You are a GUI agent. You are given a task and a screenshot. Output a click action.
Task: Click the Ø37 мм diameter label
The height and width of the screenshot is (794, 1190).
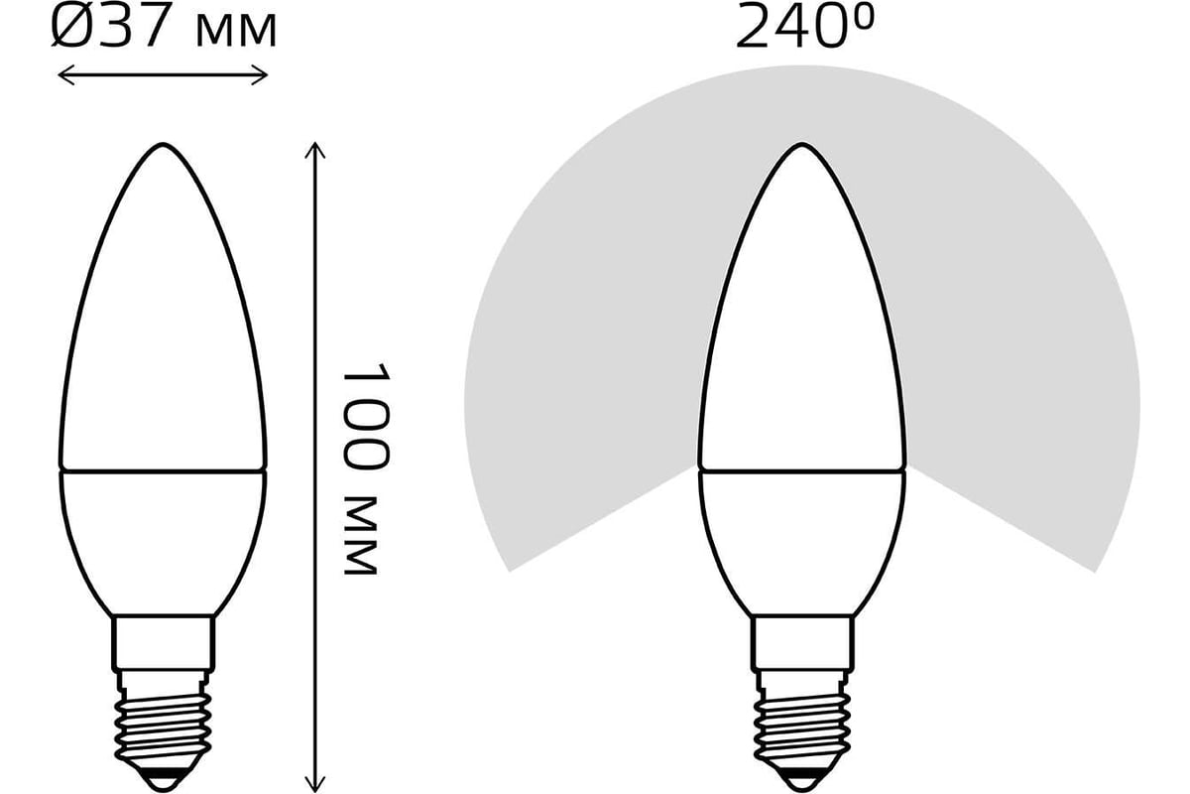[x=164, y=30]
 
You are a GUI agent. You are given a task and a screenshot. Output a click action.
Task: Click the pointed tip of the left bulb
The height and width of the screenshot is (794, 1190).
[x=163, y=146]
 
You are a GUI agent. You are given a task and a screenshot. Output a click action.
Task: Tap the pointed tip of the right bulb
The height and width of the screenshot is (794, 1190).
[x=801, y=146]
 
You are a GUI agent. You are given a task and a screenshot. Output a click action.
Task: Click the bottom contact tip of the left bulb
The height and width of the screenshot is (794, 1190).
[x=163, y=776]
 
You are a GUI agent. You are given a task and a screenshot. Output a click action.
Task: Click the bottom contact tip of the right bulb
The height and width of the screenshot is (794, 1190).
[x=801, y=776]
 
